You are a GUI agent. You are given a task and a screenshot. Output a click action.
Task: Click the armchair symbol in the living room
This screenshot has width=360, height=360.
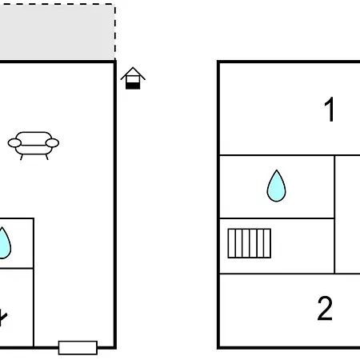point(34,146)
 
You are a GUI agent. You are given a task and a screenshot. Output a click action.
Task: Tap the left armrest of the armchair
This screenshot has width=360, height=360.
point(14,143)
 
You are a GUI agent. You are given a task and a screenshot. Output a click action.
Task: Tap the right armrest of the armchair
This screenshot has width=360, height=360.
point(52,143)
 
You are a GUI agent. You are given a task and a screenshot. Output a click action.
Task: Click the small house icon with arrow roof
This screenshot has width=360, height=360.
point(133,78)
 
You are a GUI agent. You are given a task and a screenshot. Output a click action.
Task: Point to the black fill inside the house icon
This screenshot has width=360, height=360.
point(133,86)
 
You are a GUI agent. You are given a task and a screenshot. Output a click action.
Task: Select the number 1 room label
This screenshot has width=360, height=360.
point(330,110)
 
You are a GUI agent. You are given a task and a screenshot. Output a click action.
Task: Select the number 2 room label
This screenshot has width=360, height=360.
point(325,308)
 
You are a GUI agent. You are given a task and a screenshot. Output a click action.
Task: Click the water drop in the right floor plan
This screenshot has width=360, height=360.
point(277,186)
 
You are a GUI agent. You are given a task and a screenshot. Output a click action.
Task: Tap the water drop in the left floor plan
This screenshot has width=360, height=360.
point(3,243)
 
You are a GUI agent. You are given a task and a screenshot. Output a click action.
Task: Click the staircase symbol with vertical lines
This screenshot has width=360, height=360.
point(250,243)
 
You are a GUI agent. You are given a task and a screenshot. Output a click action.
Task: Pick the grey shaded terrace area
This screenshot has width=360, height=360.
point(57,32)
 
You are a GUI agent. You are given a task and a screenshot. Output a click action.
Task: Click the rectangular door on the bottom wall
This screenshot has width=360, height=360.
point(78,348)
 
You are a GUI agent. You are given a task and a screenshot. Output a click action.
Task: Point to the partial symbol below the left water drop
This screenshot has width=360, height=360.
point(2,318)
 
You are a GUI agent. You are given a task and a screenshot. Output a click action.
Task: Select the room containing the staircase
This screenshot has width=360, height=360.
point(277,246)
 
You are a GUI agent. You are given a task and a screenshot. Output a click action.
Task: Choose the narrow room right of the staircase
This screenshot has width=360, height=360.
point(347,214)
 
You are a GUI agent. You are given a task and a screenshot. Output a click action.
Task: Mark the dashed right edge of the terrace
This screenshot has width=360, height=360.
point(115,32)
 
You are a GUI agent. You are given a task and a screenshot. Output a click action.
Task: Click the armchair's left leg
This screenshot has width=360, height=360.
point(22,157)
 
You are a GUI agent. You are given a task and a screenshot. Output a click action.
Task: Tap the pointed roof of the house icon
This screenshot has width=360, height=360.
point(133,72)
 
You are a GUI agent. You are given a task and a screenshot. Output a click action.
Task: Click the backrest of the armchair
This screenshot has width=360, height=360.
point(34,135)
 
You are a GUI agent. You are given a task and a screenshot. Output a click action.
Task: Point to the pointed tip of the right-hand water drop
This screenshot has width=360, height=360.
point(277,170)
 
